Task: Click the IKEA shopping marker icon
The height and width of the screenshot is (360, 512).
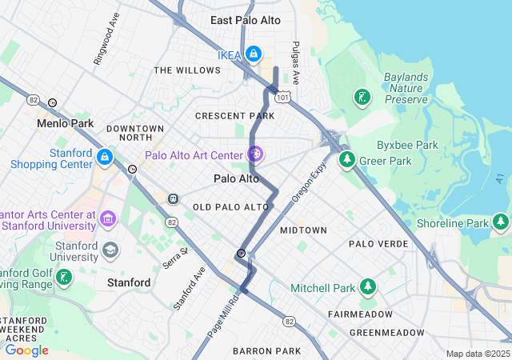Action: [253, 54]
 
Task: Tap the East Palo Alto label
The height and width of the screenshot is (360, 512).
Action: [246, 20]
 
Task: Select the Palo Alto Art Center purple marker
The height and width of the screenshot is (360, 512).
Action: [255, 153]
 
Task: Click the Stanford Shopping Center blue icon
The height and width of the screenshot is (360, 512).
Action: [105, 155]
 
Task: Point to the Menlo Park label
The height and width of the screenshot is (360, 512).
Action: [65, 124]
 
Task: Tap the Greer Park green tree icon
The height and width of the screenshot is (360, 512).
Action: [347, 160]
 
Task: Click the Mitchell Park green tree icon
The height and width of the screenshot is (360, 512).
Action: [367, 286]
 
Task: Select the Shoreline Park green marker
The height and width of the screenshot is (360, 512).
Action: [501, 222]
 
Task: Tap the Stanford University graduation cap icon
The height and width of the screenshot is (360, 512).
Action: [110, 250]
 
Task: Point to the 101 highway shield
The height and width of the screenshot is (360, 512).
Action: [283, 97]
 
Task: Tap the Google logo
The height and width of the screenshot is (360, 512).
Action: [26, 350]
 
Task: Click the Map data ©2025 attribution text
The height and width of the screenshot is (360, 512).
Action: [477, 354]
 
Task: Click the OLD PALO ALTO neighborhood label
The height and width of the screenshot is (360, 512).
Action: [231, 207]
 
